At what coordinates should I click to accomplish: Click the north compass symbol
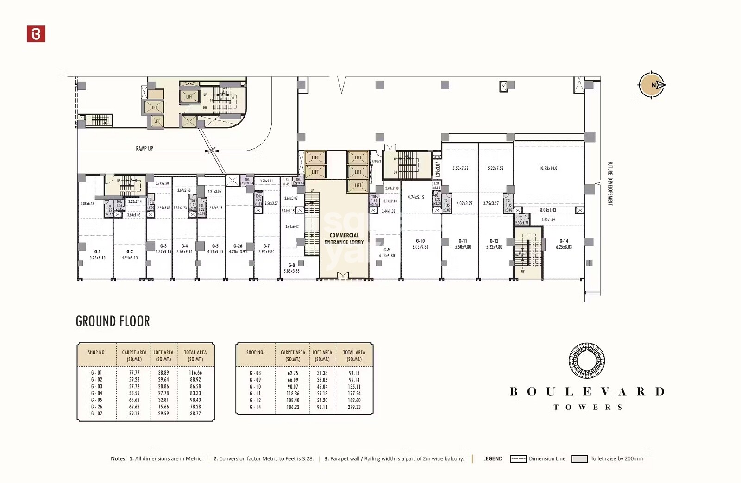(652, 85)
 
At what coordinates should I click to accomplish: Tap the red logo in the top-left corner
(36, 34)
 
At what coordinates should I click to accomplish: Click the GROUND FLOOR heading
(113, 321)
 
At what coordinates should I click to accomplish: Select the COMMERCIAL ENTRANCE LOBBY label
(344, 238)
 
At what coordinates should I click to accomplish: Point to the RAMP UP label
(144, 149)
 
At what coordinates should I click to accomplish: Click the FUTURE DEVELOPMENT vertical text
(610, 183)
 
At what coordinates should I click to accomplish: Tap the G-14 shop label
(564, 241)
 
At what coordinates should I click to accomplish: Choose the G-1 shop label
(97, 251)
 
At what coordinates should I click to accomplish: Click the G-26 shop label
(238, 246)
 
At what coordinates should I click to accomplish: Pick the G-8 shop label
(291, 265)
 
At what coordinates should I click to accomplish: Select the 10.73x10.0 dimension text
(548, 169)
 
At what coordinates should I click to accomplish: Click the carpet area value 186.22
(293, 407)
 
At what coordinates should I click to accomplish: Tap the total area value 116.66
(195, 373)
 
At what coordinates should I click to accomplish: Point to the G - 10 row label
(255, 387)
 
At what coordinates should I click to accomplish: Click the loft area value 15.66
(163, 407)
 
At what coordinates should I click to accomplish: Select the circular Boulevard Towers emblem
(586, 360)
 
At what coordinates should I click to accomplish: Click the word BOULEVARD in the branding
(587, 392)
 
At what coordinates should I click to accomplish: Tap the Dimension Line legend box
(518, 459)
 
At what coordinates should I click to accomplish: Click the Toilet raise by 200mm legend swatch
(579, 459)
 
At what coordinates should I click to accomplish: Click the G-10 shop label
(420, 241)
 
